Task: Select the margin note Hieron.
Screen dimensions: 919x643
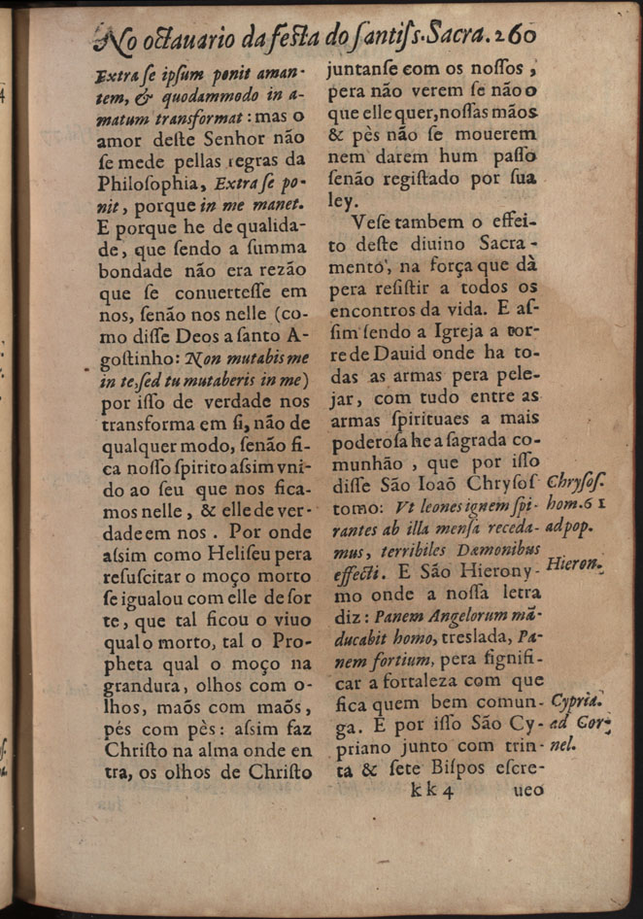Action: (575, 562)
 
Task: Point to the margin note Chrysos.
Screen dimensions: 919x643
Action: (577, 483)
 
